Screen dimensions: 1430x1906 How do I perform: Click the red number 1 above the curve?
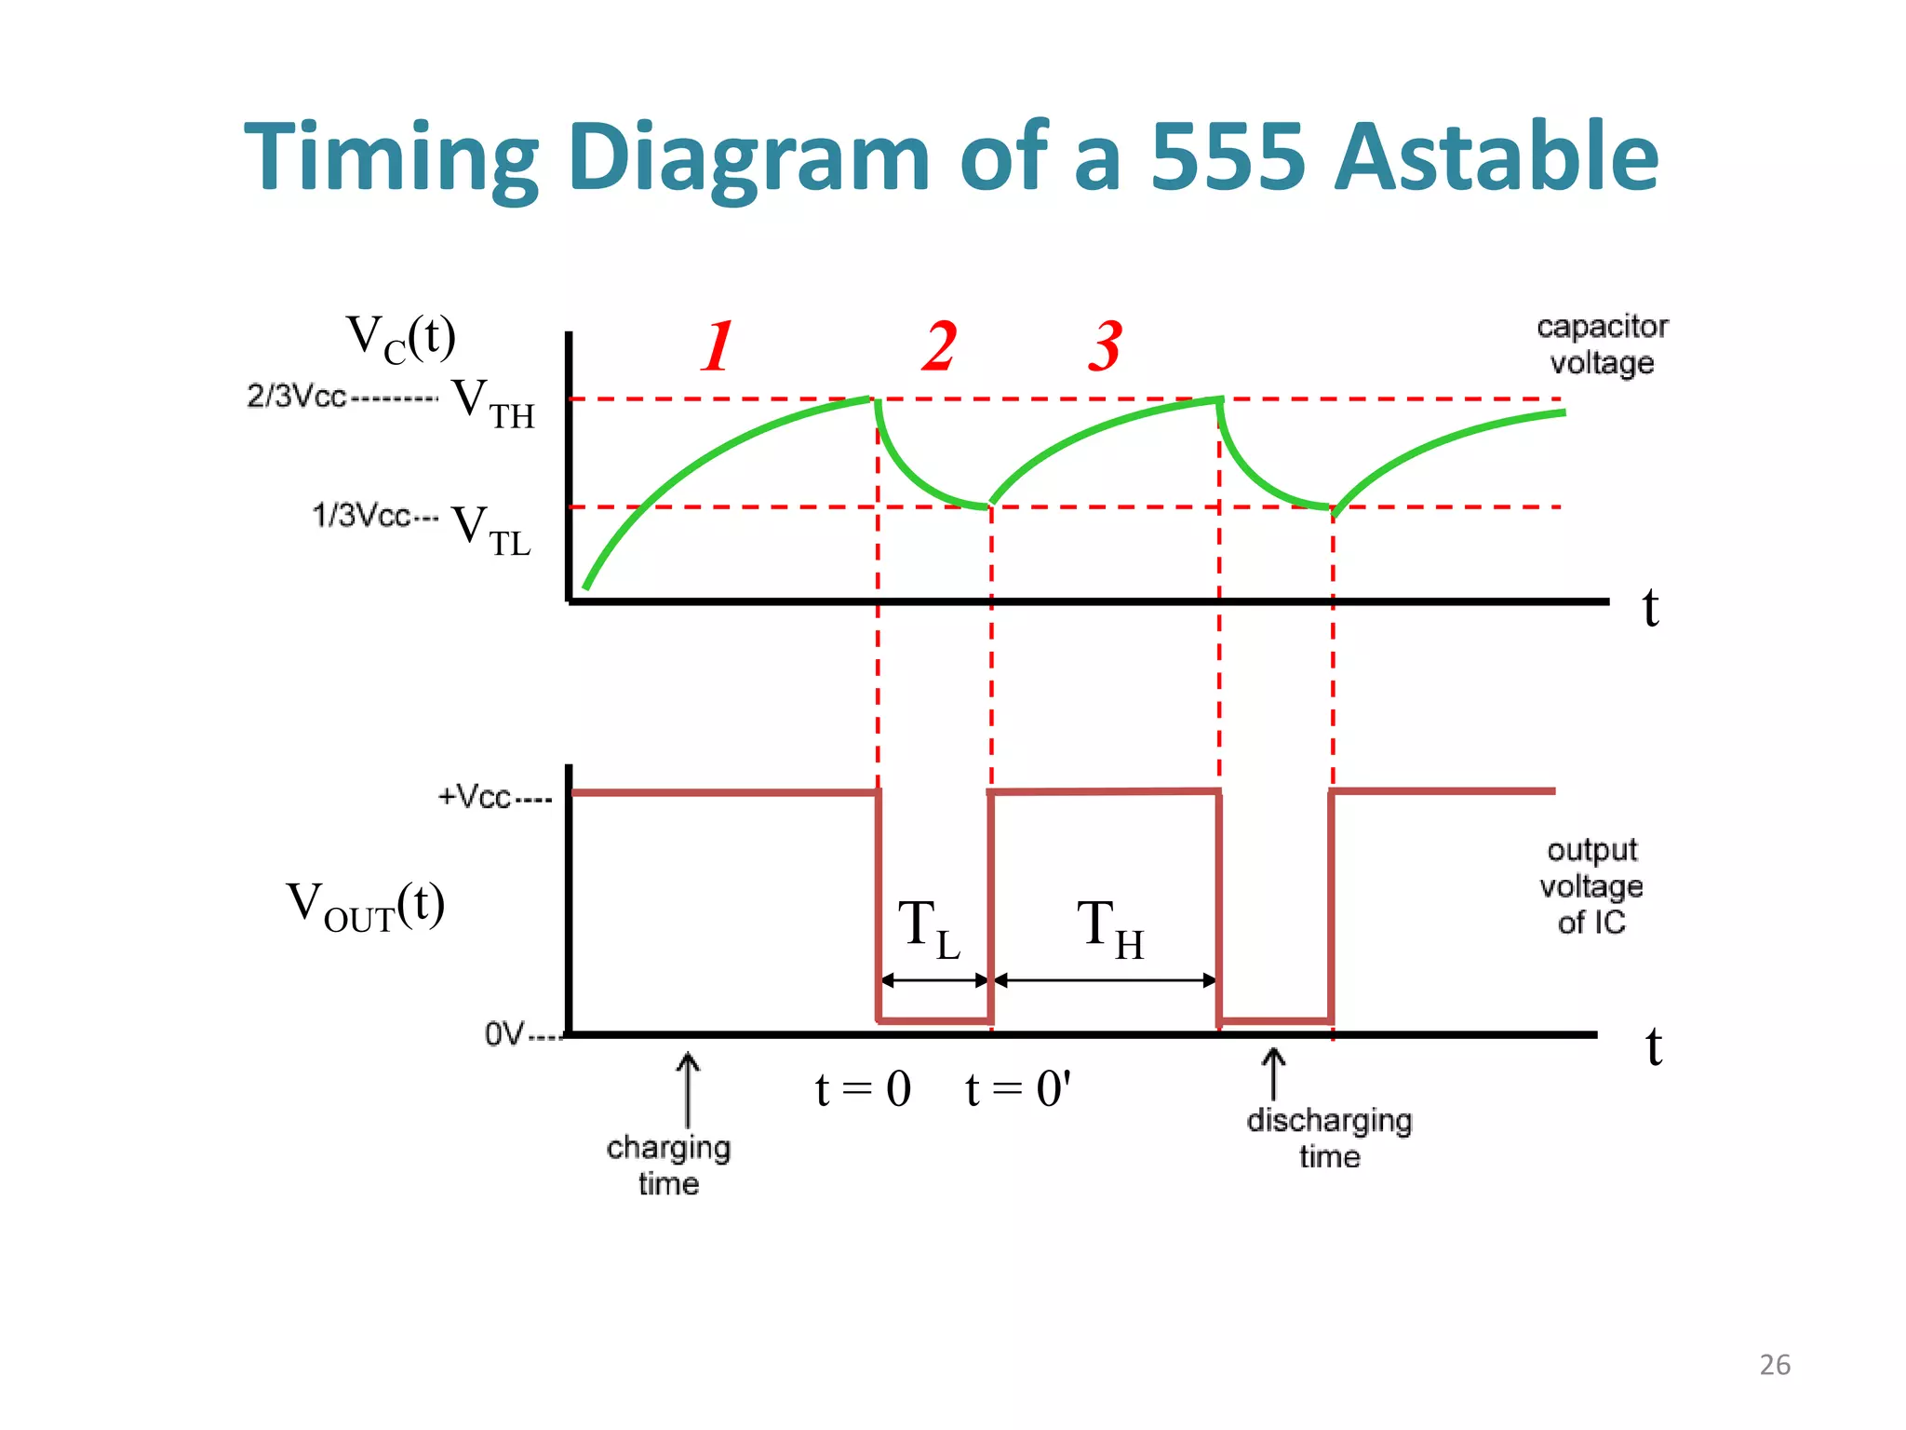tap(718, 346)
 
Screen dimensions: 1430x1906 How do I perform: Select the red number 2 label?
tap(939, 346)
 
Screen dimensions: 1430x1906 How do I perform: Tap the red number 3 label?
tap(1106, 346)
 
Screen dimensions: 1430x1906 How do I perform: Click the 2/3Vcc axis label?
tap(296, 396)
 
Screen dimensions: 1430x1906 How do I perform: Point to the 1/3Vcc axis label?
tap(360, 515)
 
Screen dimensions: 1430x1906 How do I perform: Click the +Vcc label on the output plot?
tap(475, 797)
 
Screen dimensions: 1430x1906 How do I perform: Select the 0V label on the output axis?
tap(503, 1033)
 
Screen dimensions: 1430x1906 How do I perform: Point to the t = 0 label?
tap(863, 1088)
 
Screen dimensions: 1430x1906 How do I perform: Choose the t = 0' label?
tap(1018, 1088)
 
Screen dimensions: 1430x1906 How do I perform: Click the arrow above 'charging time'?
tap(688, 1089)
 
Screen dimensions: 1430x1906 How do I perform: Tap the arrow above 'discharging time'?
tap(1273, 1073)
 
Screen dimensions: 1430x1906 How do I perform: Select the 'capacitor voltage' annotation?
tap(1602, 344)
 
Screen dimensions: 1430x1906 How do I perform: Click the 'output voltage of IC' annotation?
tap(1591, 885)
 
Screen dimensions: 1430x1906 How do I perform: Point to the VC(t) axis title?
tap(400, 339)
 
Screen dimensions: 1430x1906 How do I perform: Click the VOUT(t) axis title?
tap(366, 905)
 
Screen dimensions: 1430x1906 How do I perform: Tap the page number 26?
tap(1775, 1365)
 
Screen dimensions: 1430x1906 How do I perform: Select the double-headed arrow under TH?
tap(1105, 980)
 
